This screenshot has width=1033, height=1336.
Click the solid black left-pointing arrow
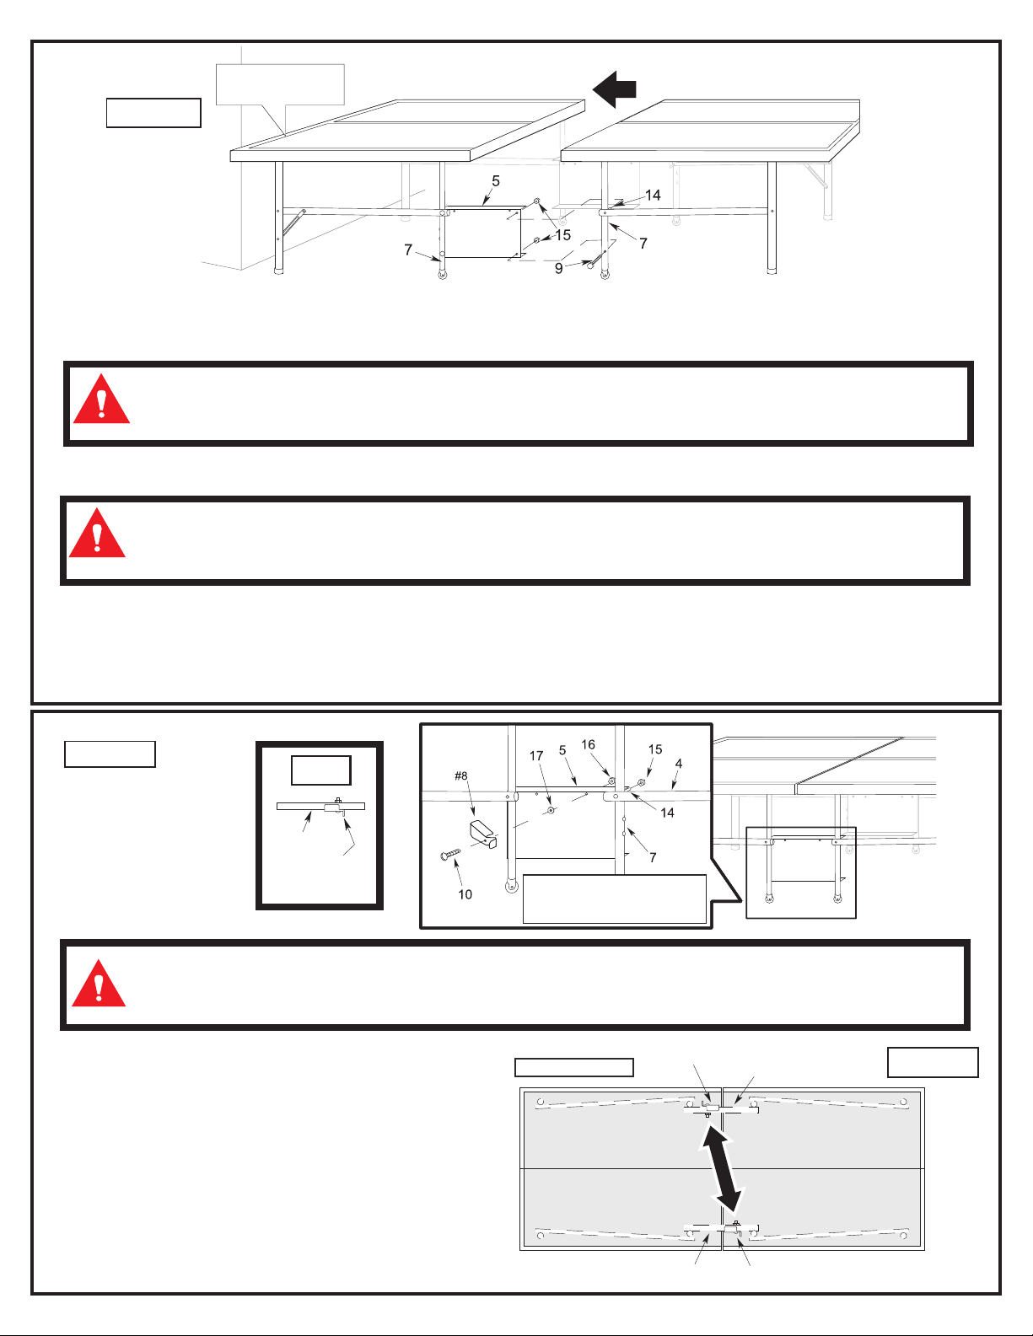(614, 89)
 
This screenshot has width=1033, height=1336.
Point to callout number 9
(558, 269)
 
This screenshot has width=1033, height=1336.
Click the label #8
(460, 776)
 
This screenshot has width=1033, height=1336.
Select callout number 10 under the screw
(465, 894)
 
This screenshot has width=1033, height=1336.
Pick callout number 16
(588, 744)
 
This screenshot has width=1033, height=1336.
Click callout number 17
(536, 756)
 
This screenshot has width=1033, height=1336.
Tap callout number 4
(678, 764)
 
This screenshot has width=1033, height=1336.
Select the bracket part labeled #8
(482, 832)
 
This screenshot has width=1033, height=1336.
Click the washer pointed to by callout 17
(550, 810)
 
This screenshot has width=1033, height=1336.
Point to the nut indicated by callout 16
(612, 781)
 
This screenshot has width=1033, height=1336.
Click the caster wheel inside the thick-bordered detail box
(511, 887)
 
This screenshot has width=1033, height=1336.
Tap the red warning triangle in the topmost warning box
(101, 401)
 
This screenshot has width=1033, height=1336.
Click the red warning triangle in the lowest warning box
(99, 985)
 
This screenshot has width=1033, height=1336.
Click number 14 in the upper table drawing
(653, 195)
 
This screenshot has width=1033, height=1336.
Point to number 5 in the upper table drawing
(496, 181)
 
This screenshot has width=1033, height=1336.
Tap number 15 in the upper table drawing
(562, 235)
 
